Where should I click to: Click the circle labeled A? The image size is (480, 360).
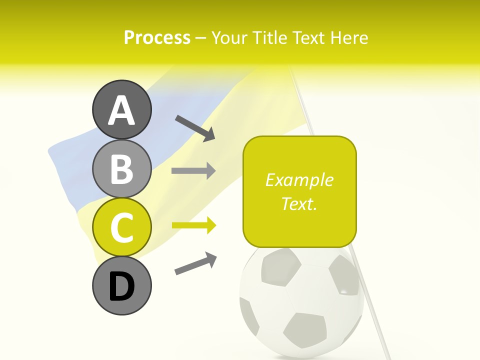pyautogui.click(x=121, y=109)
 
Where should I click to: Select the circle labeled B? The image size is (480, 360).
pyautogui.click(x=121, y=168)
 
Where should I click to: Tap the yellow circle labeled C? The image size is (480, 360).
pyautogui.click(x=121, y=227)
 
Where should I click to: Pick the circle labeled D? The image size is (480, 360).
pyautogui.click(x=121, y=286)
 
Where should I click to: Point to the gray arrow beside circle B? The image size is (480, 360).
pyautogui.click(x=193, y=171)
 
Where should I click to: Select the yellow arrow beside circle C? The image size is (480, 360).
pyautogui.click(x=193, y=225)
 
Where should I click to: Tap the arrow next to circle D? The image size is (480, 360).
pyautogui.click(x=195, y=263)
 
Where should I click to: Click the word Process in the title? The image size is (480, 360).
pyautogui.click(x=157, y=37)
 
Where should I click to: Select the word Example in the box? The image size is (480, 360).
pyautogui.click(x=299, y=180)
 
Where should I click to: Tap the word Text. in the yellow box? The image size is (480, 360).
pyautogui.click(x=299, y=203)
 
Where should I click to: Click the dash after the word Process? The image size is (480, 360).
pyautogui.click(x=201, y=38)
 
